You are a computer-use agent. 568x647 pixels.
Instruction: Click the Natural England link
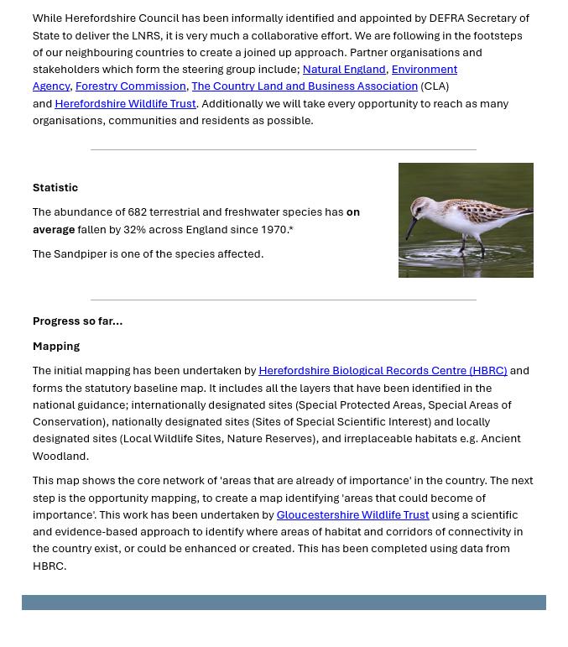tap(343, 70)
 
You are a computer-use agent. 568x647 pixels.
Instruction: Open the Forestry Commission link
tap(130, 86)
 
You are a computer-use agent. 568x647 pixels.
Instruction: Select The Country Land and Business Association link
tap(304, 86)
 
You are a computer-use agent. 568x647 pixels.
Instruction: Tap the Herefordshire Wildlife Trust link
tap(125, 104)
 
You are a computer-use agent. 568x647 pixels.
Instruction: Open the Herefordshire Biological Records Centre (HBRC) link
tap(383, 371)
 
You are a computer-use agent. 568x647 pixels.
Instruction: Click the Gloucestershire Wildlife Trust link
tap(352, 515)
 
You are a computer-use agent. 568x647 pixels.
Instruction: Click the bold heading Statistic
tap(55, 188)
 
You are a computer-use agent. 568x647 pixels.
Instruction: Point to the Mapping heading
tap(56, 347)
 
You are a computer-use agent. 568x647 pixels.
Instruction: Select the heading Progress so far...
tap(77, 321)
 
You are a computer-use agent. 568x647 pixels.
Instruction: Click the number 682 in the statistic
tap(138, 212)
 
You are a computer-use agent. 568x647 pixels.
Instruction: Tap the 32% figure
tap(134, 230)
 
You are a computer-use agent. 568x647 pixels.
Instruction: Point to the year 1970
tap(274, 230)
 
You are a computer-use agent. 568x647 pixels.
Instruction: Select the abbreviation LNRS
tap(146, 36)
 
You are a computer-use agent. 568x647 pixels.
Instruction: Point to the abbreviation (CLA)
tap(435, 86)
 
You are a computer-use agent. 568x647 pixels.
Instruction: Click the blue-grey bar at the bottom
tap(284, 603)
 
